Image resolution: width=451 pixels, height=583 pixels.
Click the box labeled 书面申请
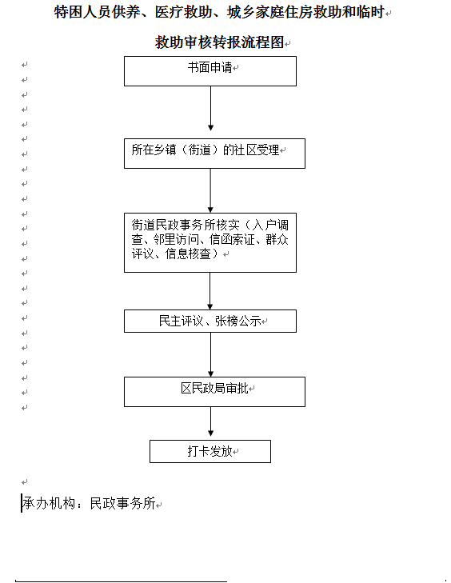(210, 71)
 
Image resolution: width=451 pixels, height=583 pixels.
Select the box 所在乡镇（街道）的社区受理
(214, 154)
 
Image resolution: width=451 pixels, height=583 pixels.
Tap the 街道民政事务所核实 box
(210, 242)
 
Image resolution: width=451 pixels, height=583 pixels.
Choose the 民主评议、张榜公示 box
(210, 321)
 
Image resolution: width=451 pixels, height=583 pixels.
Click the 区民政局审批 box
(214, 392)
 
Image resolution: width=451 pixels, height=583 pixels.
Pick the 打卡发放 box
(210, 451)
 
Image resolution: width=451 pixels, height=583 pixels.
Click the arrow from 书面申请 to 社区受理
(210, 108)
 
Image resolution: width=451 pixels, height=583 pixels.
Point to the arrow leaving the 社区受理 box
(210, 190)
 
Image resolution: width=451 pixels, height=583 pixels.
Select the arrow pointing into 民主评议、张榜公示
(210, 291)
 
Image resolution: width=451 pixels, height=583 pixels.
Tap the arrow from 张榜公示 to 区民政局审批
(210, 355)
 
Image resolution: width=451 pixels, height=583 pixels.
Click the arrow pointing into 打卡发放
(210, 421)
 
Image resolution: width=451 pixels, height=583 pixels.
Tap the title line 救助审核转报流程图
(220, 42)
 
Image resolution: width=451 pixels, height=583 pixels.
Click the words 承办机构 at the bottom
(49, 503)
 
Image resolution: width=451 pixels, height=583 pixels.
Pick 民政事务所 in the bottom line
(122, 503)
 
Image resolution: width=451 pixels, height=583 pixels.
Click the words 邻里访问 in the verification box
(176, 239)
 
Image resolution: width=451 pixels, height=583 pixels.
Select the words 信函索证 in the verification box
(232, 239)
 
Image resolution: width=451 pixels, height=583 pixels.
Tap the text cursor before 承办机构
(22, 503)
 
